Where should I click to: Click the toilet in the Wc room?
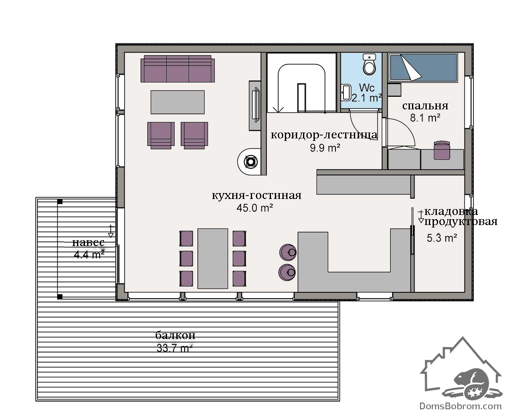[369, 64]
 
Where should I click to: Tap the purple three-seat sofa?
[178, 69]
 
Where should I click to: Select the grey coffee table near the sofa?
[178, 102]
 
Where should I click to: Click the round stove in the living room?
[250, 162]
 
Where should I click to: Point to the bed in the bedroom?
[423, 68]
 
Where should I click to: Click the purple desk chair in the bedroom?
[442, 150]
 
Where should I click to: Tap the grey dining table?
[213, 258]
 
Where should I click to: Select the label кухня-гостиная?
[257, 195]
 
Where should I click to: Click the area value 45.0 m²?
[255, 208]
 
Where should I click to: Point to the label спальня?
[425, 106]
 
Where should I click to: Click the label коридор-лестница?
[324, 135]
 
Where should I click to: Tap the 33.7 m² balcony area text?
[175, 348]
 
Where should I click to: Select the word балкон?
[175, 335]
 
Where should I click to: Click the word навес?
[88, 242]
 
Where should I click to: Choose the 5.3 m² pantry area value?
[441, 238]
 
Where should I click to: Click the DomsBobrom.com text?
[460, 406]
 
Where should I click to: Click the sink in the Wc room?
[346, 93]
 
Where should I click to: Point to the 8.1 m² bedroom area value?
[425, 118]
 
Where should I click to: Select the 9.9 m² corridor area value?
[325, 148]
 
